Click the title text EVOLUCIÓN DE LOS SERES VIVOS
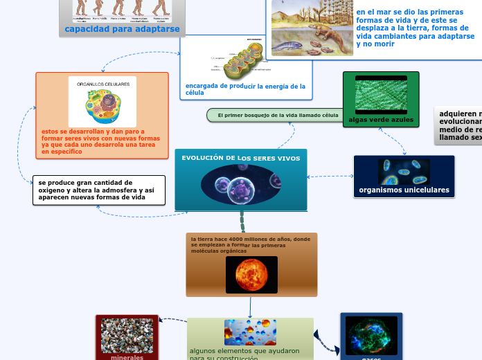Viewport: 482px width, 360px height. [x=241, y=159]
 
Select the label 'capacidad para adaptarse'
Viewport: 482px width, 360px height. [x=122, y=29]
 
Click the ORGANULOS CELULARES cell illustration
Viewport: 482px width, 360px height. [x=102, y=102]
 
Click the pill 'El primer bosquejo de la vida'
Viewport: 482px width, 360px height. [x=278, y=115]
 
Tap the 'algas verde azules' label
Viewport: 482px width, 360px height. [x=381, y=120]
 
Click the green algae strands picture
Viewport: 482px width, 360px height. [x=381, y=95]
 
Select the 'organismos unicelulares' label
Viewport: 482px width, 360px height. [x=404, y=190]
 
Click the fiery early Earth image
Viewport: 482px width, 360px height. [x=251, y=274]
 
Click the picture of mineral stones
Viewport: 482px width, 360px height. [x=127, y=335]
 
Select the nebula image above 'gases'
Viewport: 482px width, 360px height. [x=371, y=335]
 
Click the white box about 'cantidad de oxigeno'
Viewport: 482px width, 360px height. [x=99, y=190]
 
